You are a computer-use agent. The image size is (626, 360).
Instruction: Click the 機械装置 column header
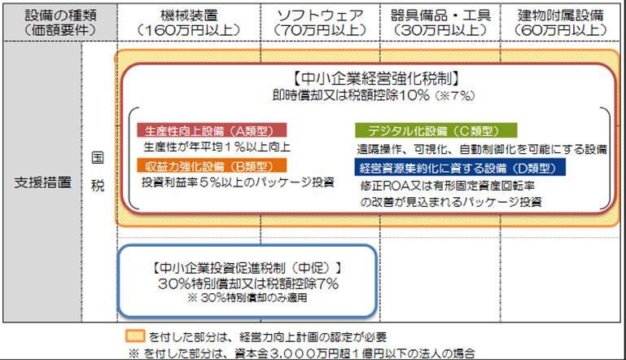tap(189, 22)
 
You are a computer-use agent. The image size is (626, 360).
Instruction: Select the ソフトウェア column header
tap(320, 22)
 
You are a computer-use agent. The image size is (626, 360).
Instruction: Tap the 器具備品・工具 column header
tap(440, 22)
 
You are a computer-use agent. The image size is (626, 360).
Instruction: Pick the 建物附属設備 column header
tap(560, 22)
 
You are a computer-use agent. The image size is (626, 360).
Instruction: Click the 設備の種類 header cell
tap(60, 22)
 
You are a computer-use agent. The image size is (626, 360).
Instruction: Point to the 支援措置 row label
tap(42, 182)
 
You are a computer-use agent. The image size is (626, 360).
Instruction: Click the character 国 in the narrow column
tap(98, 158)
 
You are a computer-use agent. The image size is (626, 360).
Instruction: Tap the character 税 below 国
tap(98, 186)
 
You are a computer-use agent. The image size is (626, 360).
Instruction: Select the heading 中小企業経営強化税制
tap(376, 79)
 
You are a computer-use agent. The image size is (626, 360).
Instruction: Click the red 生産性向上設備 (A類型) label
tap(212, 130)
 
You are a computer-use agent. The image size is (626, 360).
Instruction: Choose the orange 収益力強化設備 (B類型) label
tap(212, 165)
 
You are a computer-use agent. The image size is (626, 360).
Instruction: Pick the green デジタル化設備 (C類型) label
tap(436, 130)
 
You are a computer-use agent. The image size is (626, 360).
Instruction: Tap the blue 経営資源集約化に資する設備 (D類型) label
tap(460, 167)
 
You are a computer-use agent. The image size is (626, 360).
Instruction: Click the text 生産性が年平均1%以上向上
tap(217, 147)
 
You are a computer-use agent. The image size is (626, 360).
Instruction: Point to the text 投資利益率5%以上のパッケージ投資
tap(238, 182)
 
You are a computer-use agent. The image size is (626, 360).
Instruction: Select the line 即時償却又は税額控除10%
tap(351, 95)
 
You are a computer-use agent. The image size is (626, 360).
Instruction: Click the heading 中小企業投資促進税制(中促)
tap(247, 268)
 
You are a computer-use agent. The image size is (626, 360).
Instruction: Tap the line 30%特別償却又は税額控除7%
tap(248, 283)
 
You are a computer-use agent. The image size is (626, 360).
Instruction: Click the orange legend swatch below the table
tap(135, 336)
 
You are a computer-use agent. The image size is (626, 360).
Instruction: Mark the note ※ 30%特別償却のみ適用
tap(247, 297)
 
